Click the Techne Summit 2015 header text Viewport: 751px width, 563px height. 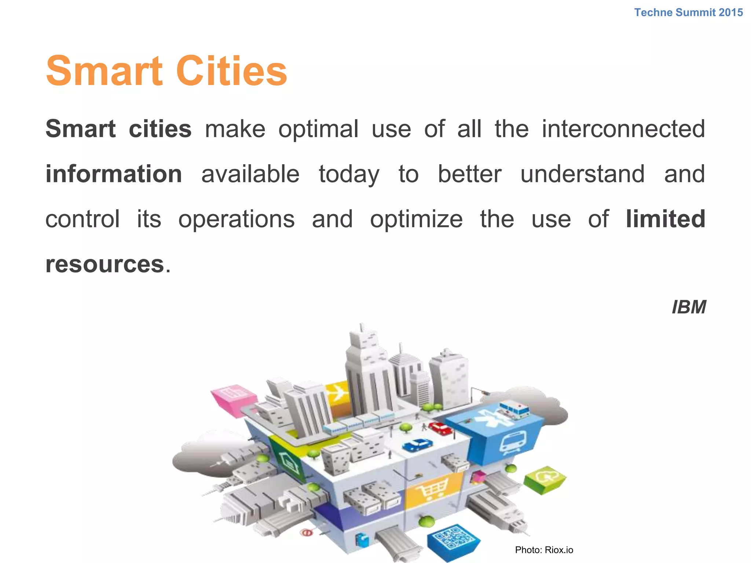click(x=688, y=12)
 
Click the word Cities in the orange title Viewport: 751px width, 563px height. click(x=232, y=71)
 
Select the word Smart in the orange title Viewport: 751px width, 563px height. click(x=104, y=71)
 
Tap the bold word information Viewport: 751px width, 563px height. click(x=114, y=174)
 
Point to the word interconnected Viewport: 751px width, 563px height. click(x=623, y=129)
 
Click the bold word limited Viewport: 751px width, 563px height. click(x=665, y=219)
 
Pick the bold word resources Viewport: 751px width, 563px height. click(x=105, y=264)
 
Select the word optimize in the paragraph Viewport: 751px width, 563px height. click(x=416, y=220)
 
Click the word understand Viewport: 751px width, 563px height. click(x=582, y=174)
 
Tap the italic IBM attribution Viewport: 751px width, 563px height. click(x=689, y=307)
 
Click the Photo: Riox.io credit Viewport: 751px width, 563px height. click(x=544, y=550)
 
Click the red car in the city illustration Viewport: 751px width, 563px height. click(x=441, y=428)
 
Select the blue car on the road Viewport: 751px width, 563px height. click(x=417, y=445)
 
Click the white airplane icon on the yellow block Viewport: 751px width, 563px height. click(x=337, y=394)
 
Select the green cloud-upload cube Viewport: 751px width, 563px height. click(x=545, y=478)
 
